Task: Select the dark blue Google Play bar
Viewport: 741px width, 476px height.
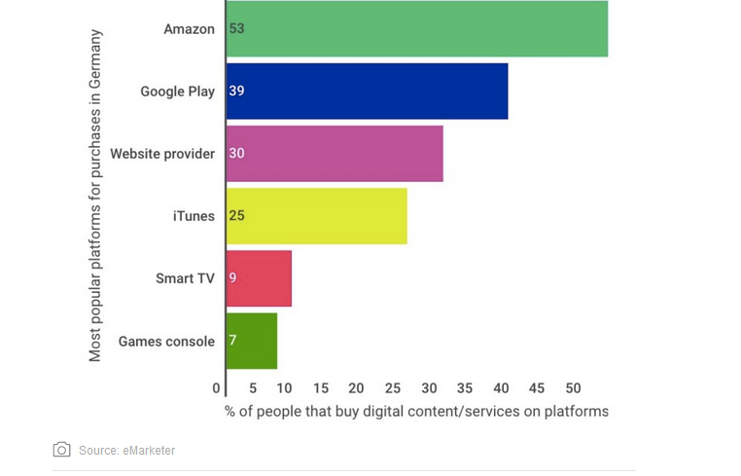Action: click(367, 92)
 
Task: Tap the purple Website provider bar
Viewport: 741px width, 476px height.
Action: click(335, 154)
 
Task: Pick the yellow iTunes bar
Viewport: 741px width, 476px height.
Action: click(316, 216)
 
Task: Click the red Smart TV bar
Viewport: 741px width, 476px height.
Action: click(259, 278)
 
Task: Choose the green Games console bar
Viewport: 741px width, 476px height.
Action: click(252, 341)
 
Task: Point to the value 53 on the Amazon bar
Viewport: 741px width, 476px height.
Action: click(236, 29)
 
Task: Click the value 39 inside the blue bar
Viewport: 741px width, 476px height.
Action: click(236, 92)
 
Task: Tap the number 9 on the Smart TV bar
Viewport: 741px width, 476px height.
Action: click(233, 278)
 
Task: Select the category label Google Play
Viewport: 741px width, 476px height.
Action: click(177, 92)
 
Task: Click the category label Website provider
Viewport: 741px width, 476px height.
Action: click(162, 154)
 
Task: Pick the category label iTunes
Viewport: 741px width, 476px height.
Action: click(194, 216)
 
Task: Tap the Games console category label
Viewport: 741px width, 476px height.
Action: click(166, 341)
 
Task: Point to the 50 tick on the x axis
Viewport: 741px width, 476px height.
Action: click(573, 387)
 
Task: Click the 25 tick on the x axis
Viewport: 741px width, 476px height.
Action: click(392, 387)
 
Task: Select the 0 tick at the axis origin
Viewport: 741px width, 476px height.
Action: click(217, 387)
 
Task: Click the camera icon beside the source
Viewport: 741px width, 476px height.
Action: click(62, 450)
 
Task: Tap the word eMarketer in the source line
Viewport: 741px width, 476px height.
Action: click(149, 451)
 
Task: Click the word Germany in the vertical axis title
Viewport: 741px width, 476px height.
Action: click(95, 60)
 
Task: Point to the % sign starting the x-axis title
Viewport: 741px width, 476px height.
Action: click(231, 412)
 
